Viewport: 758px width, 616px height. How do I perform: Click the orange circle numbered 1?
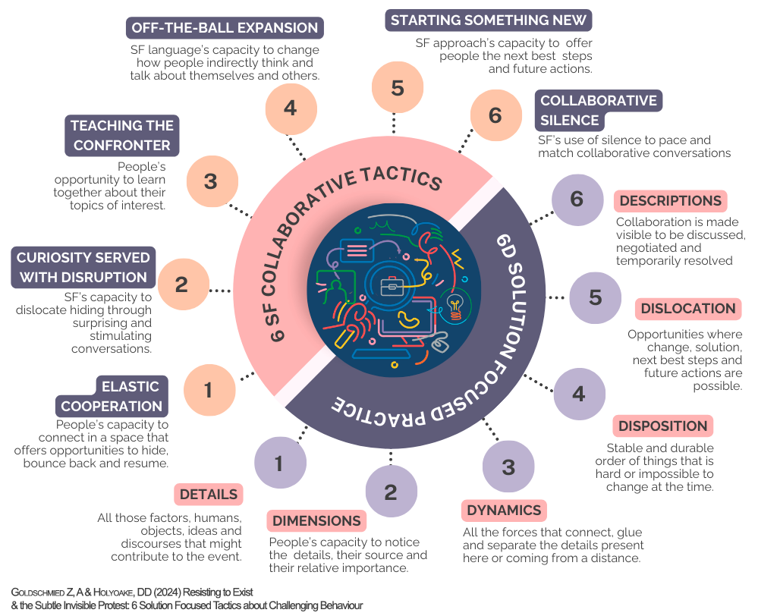click(x=209, y=390)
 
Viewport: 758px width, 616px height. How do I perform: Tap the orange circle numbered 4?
click(x=290, y=108)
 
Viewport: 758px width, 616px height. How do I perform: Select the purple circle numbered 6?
click(x=577, y=200)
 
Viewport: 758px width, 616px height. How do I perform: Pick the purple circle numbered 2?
click(x=391, y=492)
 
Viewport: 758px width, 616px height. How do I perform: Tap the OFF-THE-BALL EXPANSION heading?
click(x=225, y=28)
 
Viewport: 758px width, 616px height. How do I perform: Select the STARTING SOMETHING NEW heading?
click(x=489, y=19)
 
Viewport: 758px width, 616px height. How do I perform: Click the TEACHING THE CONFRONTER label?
click(x=122, y=135)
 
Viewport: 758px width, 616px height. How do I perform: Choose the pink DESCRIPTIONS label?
click(x=670, y=201)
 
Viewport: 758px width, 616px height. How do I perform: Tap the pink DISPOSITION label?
click(x=662, y=426)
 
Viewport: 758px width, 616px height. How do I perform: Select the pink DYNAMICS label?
click(x=504, y=510)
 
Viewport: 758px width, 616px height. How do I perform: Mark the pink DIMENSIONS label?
click(x=316, y=521)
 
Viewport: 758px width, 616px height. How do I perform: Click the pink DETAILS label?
click(x=209, y=494)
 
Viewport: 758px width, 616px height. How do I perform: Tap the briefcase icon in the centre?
click(x=392, y=286)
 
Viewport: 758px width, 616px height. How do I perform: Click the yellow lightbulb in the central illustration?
click(x=457, y=306)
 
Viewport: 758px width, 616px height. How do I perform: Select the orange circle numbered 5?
click(x=398, y=88)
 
